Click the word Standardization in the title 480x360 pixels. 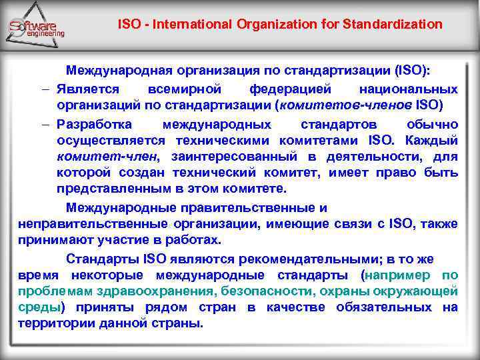[x=393, y=25]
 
